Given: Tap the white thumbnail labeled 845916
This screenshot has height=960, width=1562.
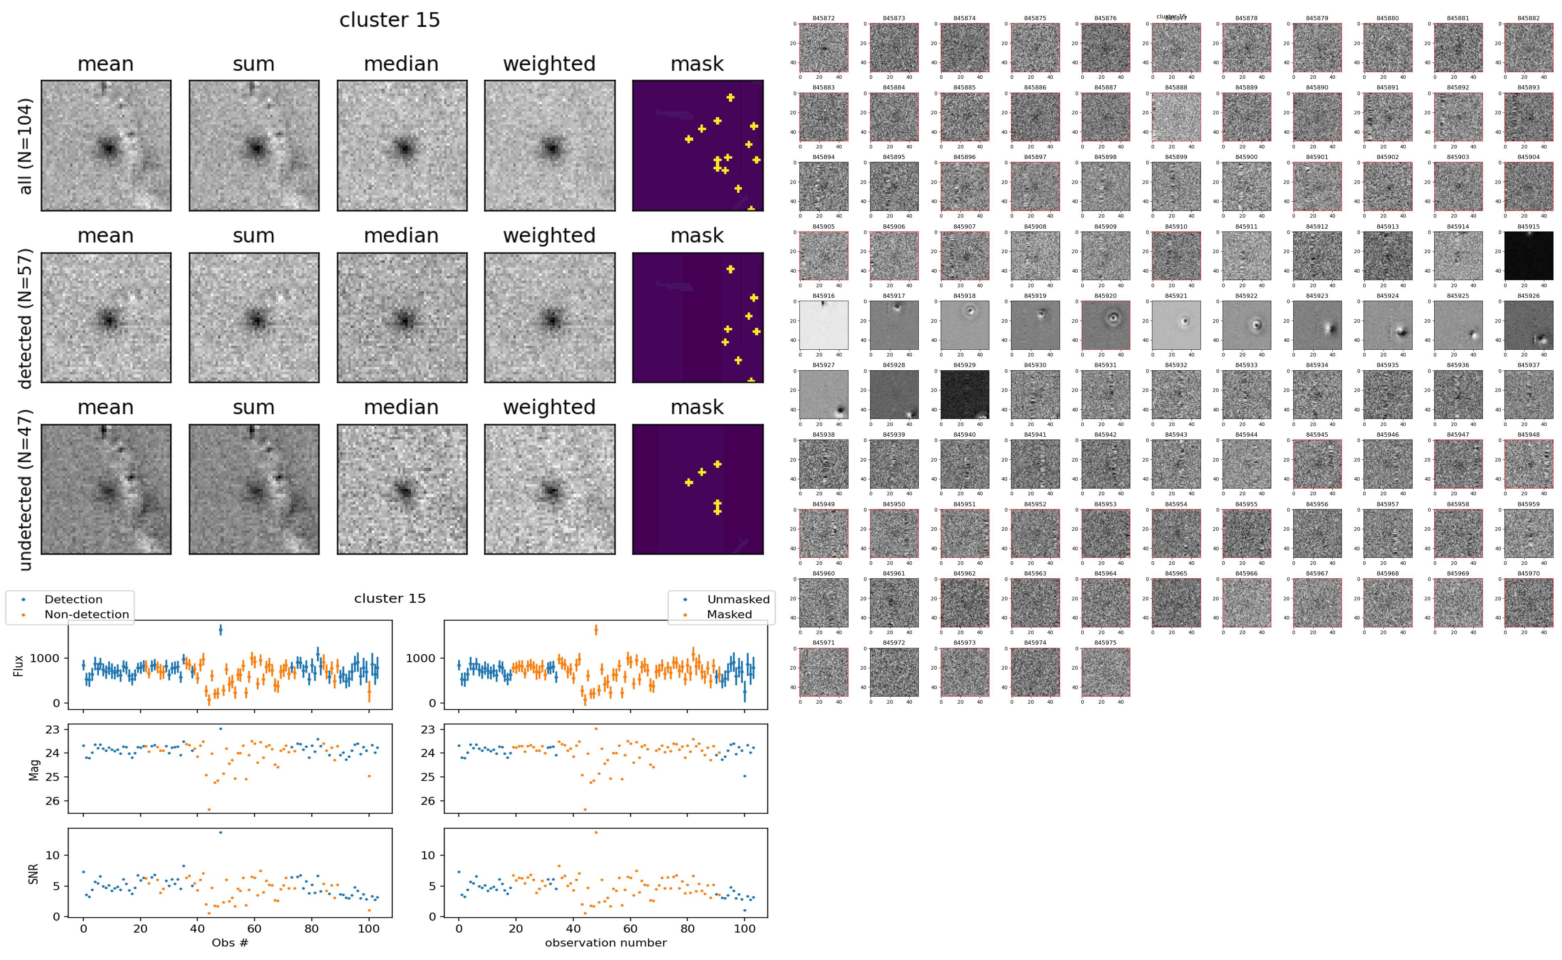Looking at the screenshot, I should click(x=823, y=325).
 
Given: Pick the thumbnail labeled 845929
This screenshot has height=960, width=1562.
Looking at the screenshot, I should click(x=964, y=394).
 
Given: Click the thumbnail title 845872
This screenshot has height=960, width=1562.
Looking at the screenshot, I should click(x=823, y=18).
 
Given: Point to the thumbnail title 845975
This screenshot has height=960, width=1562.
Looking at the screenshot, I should click(x=1105, y=643).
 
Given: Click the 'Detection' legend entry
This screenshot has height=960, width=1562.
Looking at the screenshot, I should click(x=73, y=599).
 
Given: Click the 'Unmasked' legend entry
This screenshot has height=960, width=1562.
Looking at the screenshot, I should click(x=738, y=599).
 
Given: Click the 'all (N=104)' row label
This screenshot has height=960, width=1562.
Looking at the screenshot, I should click(x=26, y=146).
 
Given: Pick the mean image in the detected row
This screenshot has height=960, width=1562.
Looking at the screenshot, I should click(x=106, y=317).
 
